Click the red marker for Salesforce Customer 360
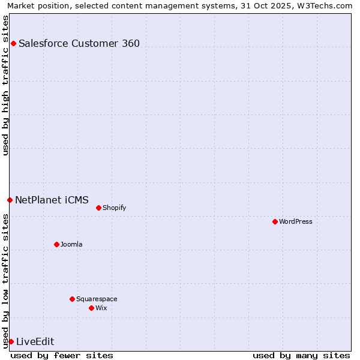click(x=13, y=43)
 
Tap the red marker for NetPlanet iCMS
click(x=10, y=200)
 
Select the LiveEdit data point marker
click(x=11, y=341)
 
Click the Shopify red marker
click(x=98, y=208)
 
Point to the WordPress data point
click(x=275, y=221)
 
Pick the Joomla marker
click(x=56, y=244)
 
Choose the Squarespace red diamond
click(x=72, y=299)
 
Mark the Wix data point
click(x=91, y=308)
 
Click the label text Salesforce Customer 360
click(x=79, y=43)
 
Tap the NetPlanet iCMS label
click(x=52, y=200)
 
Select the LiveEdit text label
click(x=35, y=341)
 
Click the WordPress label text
click(x=296, y=221)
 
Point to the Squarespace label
click(x=97, y=299)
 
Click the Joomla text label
click(x=71, y=244)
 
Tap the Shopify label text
click(x=114, y=208)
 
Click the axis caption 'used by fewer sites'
click(x=62, y=355)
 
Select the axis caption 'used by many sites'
click(x=301, y=355)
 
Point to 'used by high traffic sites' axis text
click(x=6, y=85)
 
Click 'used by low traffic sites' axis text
click(x=6, y=281)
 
